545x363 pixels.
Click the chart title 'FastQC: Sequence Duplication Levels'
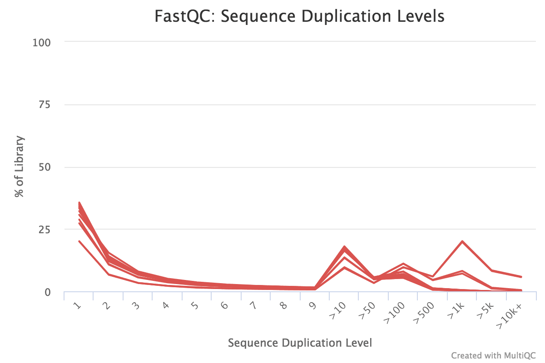coord(299,17)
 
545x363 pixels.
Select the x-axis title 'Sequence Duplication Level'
coord(300,343)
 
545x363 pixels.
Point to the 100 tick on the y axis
coord(42,42)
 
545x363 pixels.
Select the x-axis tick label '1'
coord(77,306)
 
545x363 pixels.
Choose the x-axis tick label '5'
coord(195,306)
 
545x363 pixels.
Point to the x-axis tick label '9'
coord(313,306)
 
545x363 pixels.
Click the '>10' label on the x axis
coord(340,309)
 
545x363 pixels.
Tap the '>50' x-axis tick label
coord(369,309)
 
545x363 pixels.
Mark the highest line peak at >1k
coord(462,241)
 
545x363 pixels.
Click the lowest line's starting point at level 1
coord(79,241)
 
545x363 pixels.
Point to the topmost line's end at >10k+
coord(521,277)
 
